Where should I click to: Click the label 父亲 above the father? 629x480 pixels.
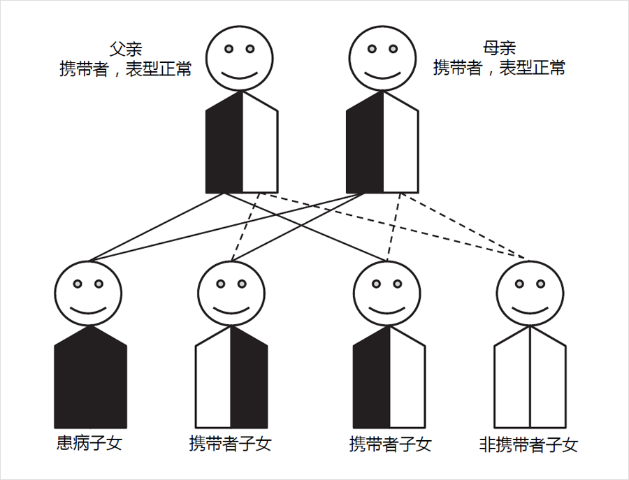tap(126, 49)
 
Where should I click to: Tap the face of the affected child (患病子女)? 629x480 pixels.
tap(89, 293)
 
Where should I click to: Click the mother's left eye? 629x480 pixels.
tap(373, 49)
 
